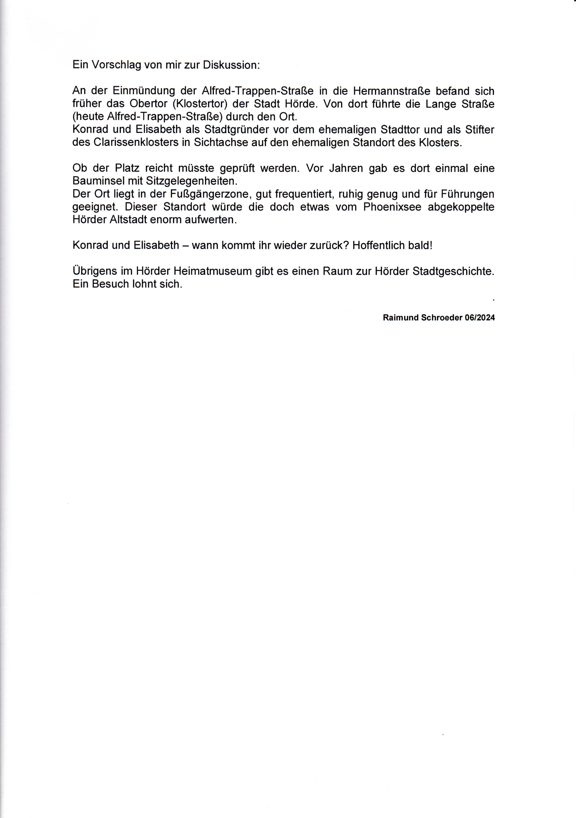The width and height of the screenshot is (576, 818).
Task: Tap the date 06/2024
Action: pyautogui.click(x=480, y=318)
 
